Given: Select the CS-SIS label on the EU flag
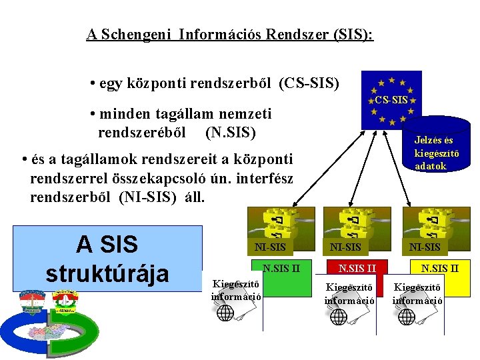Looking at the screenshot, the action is (391, 100).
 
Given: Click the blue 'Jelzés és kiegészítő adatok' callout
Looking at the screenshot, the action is (433, 153).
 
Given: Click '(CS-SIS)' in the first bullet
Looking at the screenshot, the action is (309, 84).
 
